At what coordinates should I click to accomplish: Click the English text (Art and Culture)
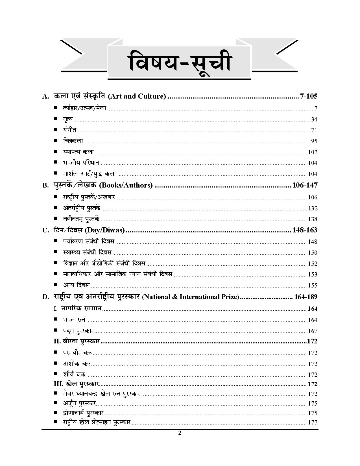pos(137,97)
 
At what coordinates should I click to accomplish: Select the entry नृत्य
pos(68,119)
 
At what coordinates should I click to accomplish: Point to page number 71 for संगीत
pos(314,130)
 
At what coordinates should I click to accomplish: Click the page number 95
pos(314,141)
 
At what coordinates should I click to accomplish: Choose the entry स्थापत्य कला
pos(78,152)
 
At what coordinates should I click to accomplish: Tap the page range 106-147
pos(305,186)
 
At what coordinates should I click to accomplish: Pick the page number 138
pos(313,219)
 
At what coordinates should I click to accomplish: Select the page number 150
pos(313,253)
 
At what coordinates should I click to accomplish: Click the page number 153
pos(313,275)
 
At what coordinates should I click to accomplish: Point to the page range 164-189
pos(306,297)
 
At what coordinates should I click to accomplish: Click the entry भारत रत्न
pos(74,320)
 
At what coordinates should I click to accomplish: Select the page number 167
pos(313,331)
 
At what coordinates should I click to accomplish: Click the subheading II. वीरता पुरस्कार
pos(77,341)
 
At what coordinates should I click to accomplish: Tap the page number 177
pos(313,423)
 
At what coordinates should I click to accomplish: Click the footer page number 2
pos(180,433)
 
